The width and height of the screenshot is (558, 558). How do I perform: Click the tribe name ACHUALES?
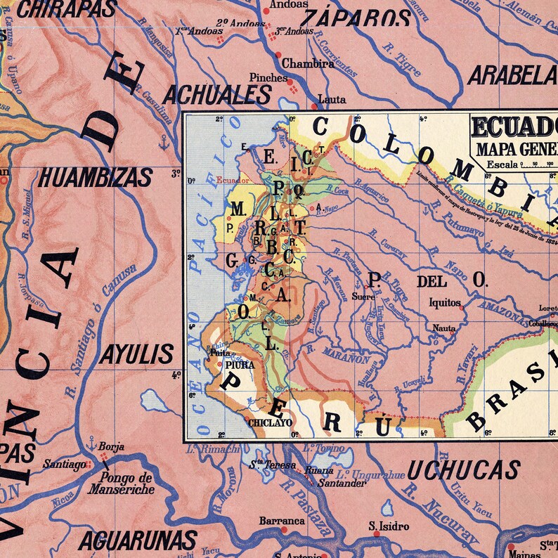217,94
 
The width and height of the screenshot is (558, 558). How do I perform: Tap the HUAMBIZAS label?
96,178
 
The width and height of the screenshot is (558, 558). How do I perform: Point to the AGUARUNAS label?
137,540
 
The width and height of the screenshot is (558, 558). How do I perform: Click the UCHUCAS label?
463,469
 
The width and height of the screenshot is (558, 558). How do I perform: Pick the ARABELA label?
512,74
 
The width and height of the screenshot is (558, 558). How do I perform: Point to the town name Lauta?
332,100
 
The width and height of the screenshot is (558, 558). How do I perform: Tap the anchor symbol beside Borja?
91,443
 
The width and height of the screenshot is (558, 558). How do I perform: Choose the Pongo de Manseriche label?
121,484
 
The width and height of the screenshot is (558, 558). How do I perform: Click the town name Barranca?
282,521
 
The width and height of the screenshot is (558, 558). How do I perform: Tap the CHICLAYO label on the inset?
270,423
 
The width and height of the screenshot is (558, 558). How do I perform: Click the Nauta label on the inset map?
443,328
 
